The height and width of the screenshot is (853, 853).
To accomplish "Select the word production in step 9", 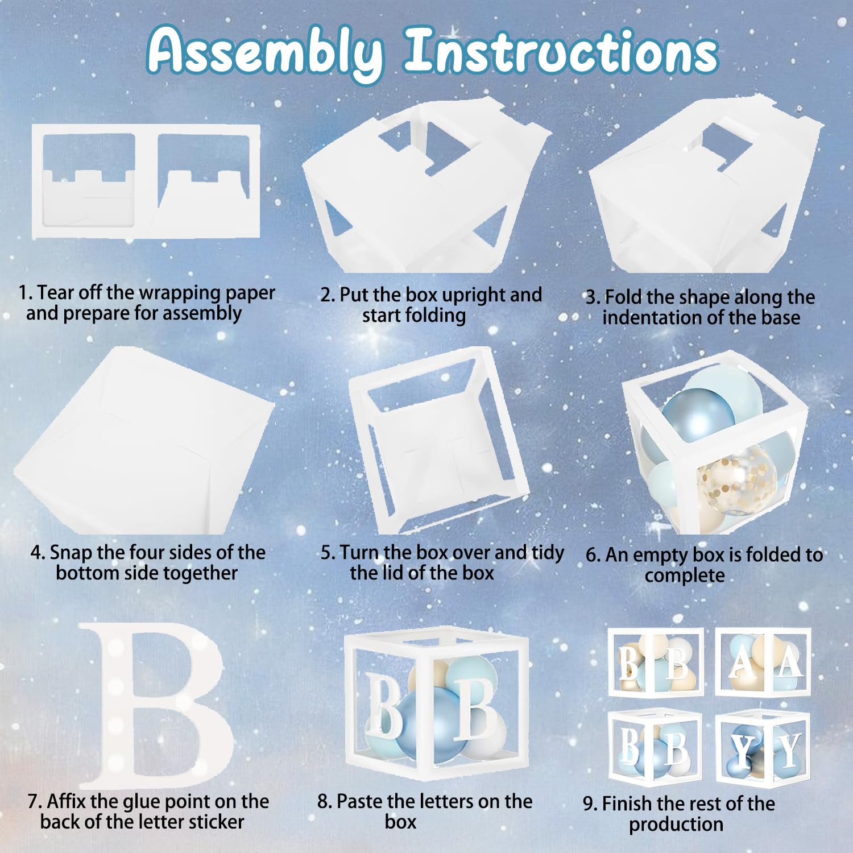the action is (676, 825).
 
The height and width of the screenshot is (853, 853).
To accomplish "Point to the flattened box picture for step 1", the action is (146, 181).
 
